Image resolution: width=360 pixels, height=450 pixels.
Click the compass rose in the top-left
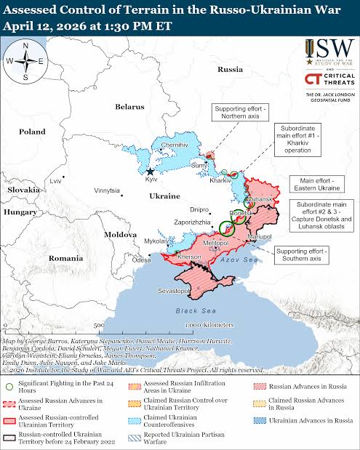25,61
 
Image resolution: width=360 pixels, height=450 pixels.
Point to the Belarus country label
130,107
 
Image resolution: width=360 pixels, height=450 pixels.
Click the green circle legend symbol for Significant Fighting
9,385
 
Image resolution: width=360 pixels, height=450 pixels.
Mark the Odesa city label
142,260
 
